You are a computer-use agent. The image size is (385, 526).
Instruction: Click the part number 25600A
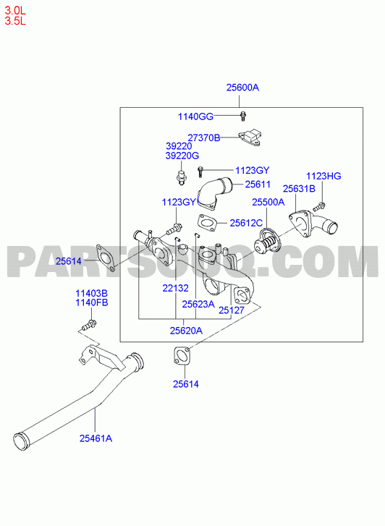click(x=242, y=88)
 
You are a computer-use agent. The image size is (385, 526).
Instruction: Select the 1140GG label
click(x=195, y=116)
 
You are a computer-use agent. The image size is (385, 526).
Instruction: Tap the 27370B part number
click(x=204, y=137)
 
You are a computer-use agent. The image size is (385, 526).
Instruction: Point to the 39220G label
click(x=182, y=156)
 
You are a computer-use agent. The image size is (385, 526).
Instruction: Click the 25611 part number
click(x=258, y=184)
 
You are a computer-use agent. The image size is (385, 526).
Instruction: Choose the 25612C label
click(x=246, y=223)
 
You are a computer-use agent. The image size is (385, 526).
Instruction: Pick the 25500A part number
click(x=268, y=202)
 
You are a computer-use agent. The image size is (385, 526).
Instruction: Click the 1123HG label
click(x=323, y=176)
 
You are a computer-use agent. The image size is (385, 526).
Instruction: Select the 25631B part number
click(x=299, y=189)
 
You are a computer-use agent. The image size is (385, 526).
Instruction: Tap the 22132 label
click(x=176, y=288)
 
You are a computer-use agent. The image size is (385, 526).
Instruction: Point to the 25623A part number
click(x=198, y=304)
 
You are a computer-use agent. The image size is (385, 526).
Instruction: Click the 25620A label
click(x=186, y=331)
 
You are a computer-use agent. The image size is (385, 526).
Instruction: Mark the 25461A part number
click(x=96, y=438)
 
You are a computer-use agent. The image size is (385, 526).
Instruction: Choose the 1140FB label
click(x=92, y=302)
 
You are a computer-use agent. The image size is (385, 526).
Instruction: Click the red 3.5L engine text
click(x=15, y=21)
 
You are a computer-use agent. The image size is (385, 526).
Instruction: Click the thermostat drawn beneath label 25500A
click(x=268, y=243)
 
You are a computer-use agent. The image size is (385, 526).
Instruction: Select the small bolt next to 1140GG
click(x=243, y=115)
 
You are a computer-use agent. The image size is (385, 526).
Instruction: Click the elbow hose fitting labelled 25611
click(x=214, y=194)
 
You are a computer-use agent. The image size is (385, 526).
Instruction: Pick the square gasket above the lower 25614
click(x=182, y=356)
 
